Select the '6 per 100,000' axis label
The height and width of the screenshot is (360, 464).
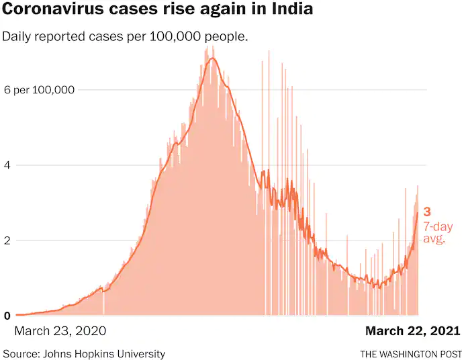(x=39, y=90)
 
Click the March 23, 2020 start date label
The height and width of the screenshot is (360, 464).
(x=60, y=331)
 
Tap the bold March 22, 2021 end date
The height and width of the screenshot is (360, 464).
(x=412, y=331)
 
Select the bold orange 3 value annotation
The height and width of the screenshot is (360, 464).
(x=427, y=212)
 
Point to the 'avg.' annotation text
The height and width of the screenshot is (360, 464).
(x=434, y=238)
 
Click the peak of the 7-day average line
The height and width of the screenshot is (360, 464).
(x=212, y=58)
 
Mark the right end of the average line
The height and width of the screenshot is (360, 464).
(x=418, y=213)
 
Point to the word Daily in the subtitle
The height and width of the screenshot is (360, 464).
(x=17, y=36)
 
